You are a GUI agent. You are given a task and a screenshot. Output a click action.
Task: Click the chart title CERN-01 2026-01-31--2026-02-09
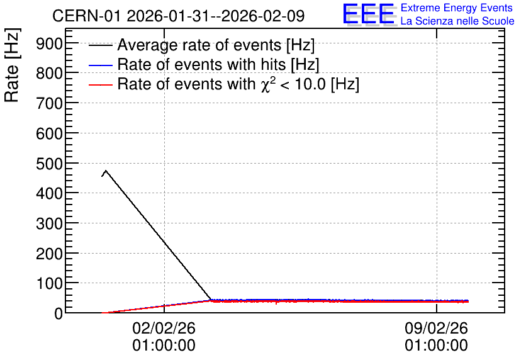coord(179,16)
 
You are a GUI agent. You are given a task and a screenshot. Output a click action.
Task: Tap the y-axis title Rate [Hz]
coord(12,65)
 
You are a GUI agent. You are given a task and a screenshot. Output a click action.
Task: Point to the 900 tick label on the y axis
coord(49,43)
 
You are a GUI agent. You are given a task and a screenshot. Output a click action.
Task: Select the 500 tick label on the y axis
coord(49,164)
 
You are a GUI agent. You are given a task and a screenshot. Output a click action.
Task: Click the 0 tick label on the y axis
coord(59,313)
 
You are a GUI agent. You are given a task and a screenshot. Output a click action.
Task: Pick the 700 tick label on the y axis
coord(49,104)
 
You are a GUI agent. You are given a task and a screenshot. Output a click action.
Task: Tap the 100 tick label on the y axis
coord(49,284)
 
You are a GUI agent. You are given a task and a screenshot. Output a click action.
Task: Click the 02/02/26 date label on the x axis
coord(164,328)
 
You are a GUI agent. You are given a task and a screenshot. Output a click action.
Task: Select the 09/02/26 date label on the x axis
coord(436,328)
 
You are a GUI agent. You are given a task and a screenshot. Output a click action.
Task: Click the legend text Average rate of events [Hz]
coord(216,45)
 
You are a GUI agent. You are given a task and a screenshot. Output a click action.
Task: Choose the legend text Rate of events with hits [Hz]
coord(218,64)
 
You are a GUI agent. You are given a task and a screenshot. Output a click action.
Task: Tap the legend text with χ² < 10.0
coord(238,84)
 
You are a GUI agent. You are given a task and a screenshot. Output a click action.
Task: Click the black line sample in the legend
coord(100,45)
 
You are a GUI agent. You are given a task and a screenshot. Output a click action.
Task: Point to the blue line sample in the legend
coord(100,65)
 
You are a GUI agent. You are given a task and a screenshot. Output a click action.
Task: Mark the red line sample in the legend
coord(100,84)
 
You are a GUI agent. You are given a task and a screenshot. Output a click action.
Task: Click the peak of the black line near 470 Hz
coord(106,171)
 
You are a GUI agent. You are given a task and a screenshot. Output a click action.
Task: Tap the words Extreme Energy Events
coord(457,8)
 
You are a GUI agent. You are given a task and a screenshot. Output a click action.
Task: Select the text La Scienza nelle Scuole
coord(457,21)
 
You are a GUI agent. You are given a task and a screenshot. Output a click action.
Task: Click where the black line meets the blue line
coord(211,300)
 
